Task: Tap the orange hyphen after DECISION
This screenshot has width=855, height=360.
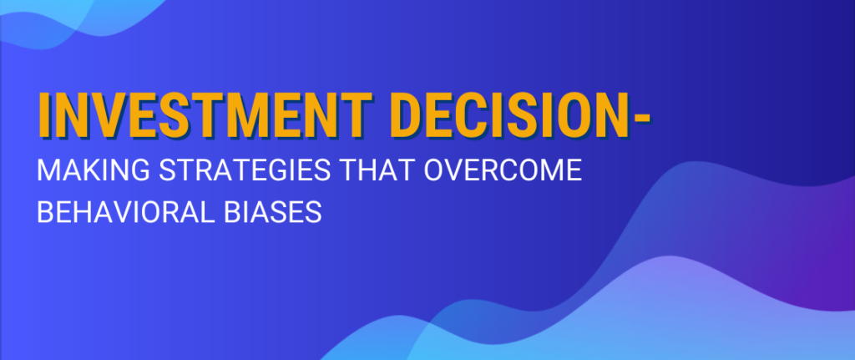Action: click(641, 119)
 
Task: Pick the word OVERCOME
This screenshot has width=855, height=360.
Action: click(503, 170)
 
